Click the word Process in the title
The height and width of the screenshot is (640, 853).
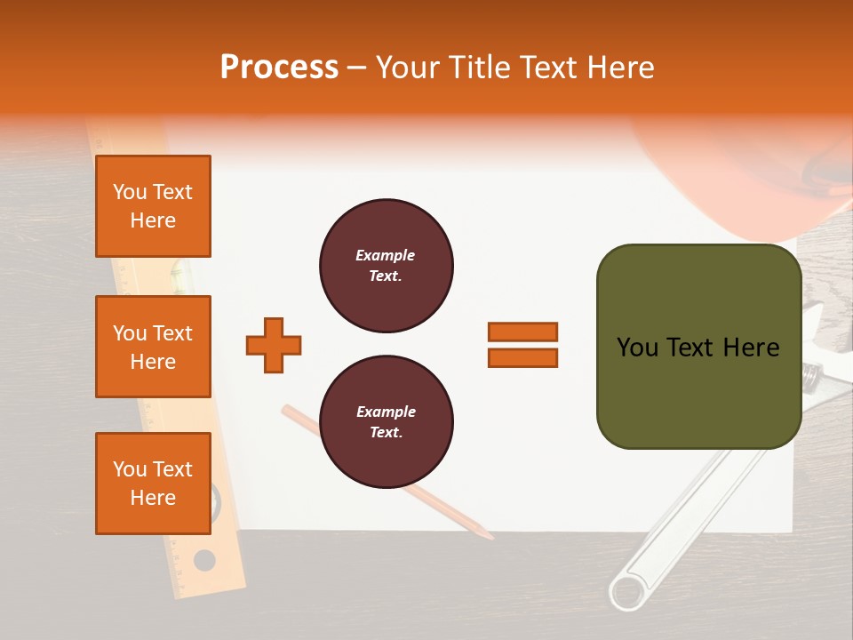(279, 68)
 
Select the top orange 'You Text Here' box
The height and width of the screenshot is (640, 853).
(153, 206)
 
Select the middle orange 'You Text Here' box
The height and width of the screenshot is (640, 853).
(153, 347)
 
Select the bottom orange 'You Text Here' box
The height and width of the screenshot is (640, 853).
(153, 483)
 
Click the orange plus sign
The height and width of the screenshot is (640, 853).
(274, 345)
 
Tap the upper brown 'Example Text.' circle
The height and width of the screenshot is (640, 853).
(386, 265)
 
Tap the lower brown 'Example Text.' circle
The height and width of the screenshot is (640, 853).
(386, 421)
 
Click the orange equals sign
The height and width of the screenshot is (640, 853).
(522, 345)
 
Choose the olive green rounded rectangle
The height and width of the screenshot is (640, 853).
(698, 347)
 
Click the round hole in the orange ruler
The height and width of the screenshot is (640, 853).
(204, 561)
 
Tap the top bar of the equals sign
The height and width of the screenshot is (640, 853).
(522, 332)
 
